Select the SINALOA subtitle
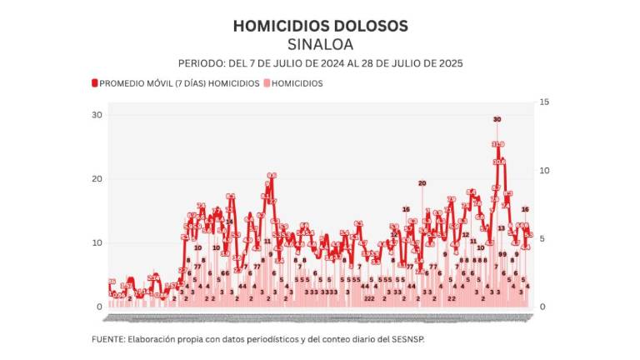pyautogui.click(x=320, y=43)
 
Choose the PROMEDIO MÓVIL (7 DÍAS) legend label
pyautogui.click(x=152, y=83)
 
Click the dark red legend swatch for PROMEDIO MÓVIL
pyautogui.click(x=95, y=83)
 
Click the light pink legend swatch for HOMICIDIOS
pyautogui.click(x=267, y=83)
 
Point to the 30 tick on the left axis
pyautogui.click(x=97, y=115)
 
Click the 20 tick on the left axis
pyautogui.click(x=97, y=179)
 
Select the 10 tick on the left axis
pyautogui.click(x=97, y=243)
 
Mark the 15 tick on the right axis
pyautogui.click(x=544, y=102)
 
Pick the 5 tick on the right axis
pyautogui.click(x=542, y=238)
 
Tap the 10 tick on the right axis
pyautogui.click(x=544, y=170)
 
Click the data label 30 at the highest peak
pyautogui.click(x=497, y=120)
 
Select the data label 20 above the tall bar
pyautogui.click(x=422, y=183)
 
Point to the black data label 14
pyautogui.click(x=229, y=222)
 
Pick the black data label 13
pyautogui.click(x=502, y=227)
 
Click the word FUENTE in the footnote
pyautogui.click(x=107, y=339)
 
